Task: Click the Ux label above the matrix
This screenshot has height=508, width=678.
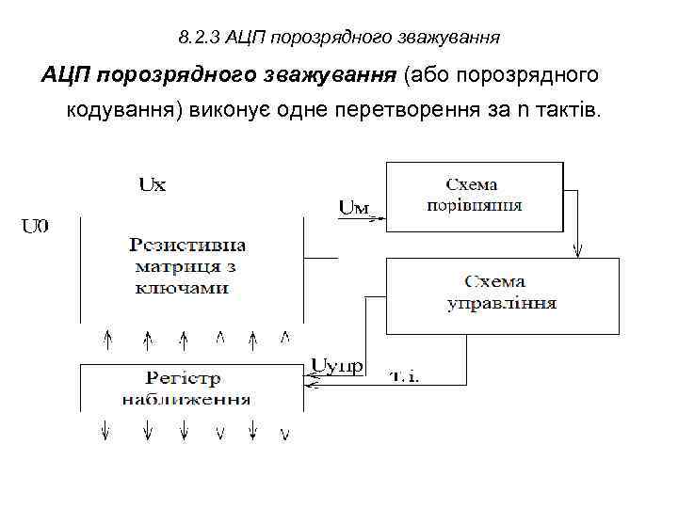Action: [152, 185]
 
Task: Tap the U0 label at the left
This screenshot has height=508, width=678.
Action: [36, 225]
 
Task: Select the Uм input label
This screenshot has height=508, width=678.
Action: [353, 208]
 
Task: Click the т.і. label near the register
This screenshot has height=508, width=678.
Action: [405, 376]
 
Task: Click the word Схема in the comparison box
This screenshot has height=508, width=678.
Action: [473, 183]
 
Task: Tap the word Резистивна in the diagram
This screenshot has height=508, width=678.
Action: [187, 246]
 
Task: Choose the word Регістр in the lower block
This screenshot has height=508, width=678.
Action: [184, 378]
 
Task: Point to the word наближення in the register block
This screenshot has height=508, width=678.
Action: [186, 399]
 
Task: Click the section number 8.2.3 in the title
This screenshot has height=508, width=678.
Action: [196, 39]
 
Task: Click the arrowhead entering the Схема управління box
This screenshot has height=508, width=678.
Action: [577, 252]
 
